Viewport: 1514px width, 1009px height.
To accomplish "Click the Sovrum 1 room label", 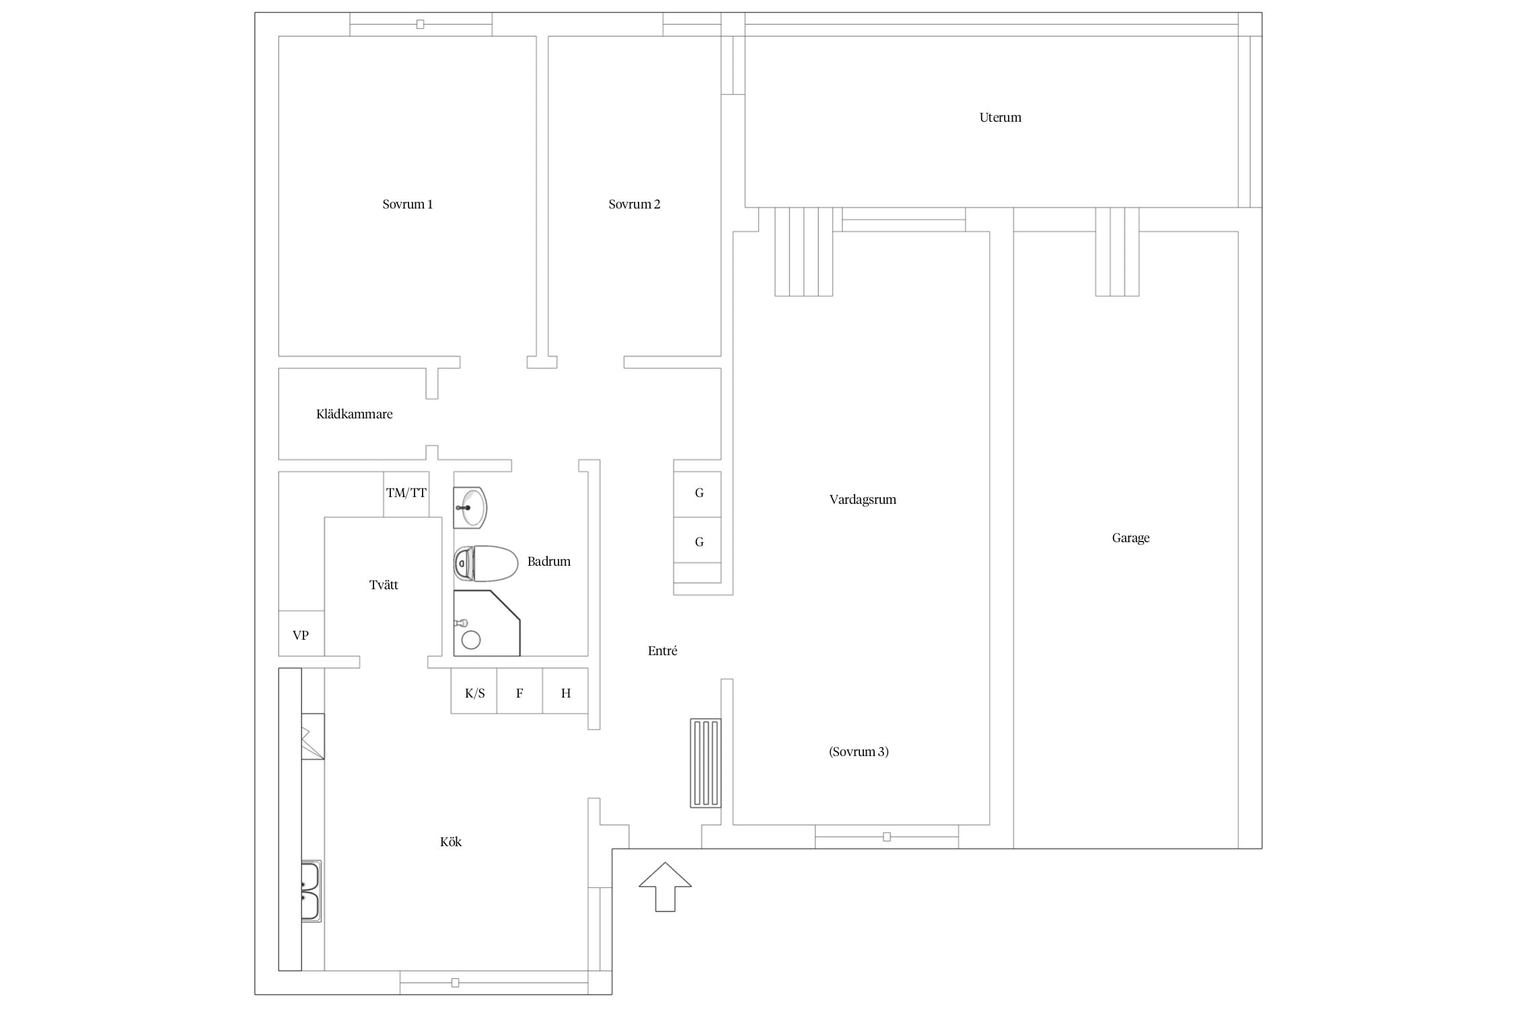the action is (x=407, y=204).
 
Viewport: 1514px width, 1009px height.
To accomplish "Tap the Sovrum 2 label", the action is (x=634, y=204).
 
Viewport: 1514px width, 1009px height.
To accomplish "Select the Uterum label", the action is (x=1000, y=118).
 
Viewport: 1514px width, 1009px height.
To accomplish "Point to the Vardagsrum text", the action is (x=863, y=500).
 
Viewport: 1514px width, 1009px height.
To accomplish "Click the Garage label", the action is (x=1130, y=538).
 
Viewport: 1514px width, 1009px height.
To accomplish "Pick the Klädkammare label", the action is (x=354, y=414).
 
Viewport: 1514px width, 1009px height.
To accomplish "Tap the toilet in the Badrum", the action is (x=486, y=564).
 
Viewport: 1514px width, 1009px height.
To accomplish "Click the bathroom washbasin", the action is (x=470, y=507).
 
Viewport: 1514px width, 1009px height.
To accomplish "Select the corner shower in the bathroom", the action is (x=486, y=623).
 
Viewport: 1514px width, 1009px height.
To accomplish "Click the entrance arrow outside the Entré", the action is (x=665, y=887).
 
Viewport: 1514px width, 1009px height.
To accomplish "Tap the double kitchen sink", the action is (x=310, y=891).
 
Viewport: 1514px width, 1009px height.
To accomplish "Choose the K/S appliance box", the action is (x=474, y=691).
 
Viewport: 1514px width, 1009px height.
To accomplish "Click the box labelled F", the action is (x=519, y=691).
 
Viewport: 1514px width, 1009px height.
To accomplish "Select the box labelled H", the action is (x=565, y=691).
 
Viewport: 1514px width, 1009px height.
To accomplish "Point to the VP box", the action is (x=301, y=634).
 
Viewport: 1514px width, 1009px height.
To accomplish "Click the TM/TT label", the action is (x=406, y=493).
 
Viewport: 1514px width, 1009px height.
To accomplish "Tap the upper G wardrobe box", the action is (x=698, y=494).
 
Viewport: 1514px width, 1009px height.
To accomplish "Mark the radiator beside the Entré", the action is (x=705, y=763).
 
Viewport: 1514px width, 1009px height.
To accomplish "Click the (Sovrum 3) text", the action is (x=859, y=752).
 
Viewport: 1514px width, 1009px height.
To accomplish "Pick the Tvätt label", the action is (x=384, y=585).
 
